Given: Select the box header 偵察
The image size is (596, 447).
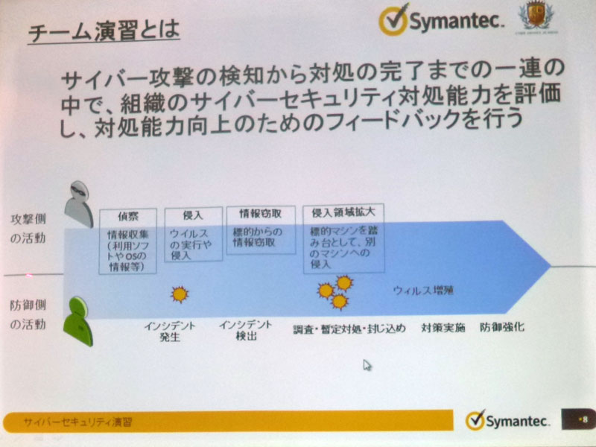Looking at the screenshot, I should click(128, 215).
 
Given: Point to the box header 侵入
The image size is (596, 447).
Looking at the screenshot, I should click(193, 214).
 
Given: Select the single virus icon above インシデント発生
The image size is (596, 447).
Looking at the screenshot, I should click(179, 295).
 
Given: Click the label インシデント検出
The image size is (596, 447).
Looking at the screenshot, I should click(245, 331).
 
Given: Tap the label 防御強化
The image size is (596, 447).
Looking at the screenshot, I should click(502, 328).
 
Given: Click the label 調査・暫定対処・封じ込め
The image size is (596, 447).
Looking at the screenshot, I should click(349, 329).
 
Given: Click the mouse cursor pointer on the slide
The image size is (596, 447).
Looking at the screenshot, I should click(367, 364).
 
